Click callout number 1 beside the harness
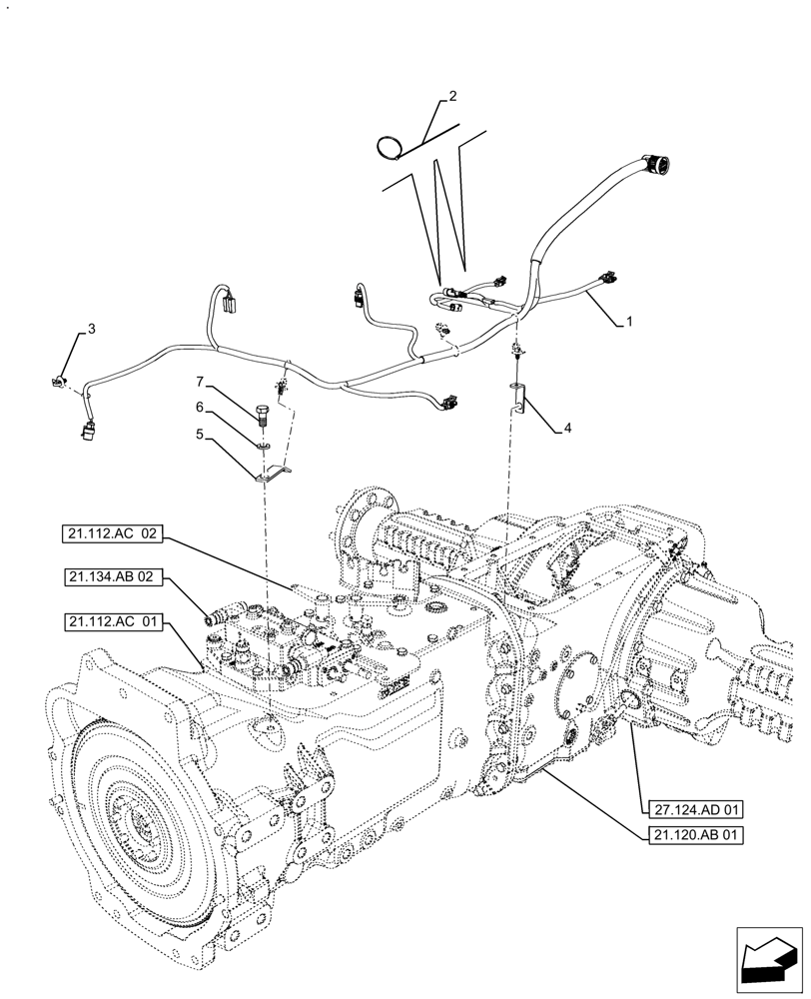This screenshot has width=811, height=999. pyautogui.click(x=628, y=322)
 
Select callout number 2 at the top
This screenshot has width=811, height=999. pyautogui.click(x=452, y=97)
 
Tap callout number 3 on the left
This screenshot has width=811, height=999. pyautogui.click(x=91, y=329)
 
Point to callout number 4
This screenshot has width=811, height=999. pyautogui.click(x=567, y=429)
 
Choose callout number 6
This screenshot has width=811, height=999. pyautogui.click(x=199, y=408)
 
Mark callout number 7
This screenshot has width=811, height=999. pyautogui.click(x=199, y=382)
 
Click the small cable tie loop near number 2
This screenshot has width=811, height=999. pyautogui.click(x=387, y=148)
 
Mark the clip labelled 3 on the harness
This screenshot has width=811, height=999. pyautogui.click(x=59, y=379)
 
